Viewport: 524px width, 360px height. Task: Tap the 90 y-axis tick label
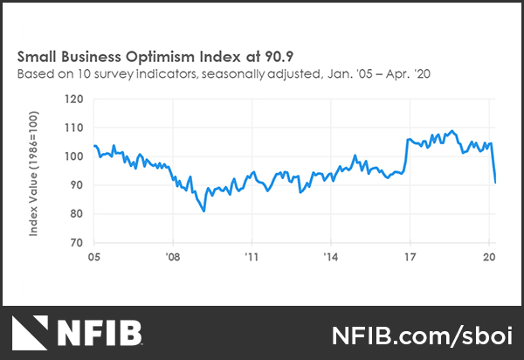[76, 185]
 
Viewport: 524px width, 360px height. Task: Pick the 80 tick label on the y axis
[76, 214]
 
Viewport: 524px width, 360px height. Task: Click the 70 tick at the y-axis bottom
[76, 242]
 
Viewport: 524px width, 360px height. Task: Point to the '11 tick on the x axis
[252, 258]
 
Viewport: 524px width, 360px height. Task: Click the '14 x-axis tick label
[330, 258]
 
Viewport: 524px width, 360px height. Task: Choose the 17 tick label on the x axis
[409, 258]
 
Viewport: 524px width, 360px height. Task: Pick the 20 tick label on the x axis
[488, 258]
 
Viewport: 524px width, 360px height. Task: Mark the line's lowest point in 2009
[203, 211]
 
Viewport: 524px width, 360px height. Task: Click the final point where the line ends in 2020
[495, 183]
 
